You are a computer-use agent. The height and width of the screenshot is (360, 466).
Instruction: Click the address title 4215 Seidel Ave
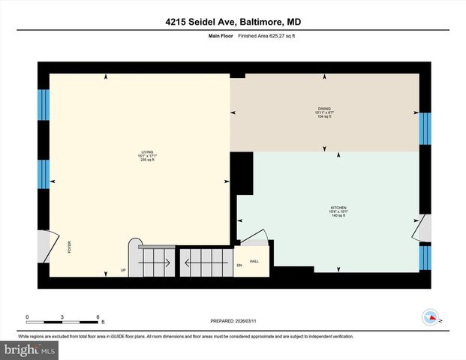click(233, 22)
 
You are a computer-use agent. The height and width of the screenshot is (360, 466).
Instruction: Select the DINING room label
click(324, 109)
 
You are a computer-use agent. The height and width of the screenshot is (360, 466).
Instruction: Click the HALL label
click(254, 261)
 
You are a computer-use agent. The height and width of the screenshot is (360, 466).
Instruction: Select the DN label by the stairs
click(239, 265)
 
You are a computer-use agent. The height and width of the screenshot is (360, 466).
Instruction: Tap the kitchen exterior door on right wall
click(424, 228)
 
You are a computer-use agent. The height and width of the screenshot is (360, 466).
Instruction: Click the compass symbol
click(431, 316)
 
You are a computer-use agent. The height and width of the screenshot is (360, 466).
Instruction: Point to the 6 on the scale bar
click(98, 316)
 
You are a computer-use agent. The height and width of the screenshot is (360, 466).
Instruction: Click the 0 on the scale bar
click(27, 316)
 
